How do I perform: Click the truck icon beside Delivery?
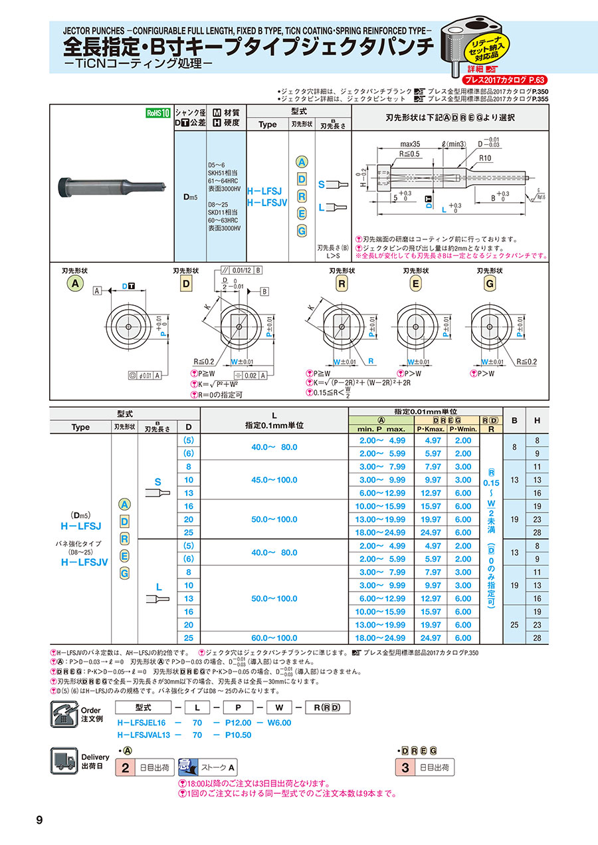coord(64,760)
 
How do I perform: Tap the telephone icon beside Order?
coord(64,716)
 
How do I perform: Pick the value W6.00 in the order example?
coord(279,723)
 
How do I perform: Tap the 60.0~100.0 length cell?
coord(274,638)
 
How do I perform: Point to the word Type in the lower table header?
coord(80,427)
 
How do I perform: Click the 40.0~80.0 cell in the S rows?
coord(274,447)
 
